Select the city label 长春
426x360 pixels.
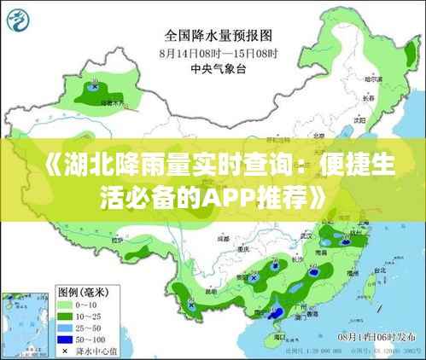pos(368,98)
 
